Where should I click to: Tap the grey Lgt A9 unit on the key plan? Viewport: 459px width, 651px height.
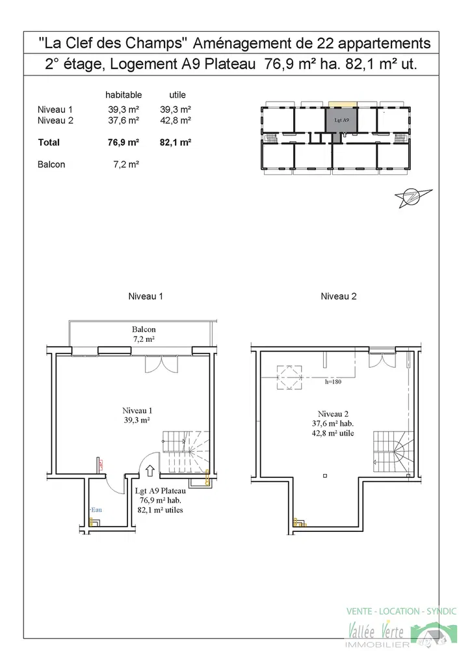pyautogui.click(x=341, y=120)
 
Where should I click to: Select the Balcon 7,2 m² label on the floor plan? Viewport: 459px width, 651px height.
pyautogui.click(x=144, y=334)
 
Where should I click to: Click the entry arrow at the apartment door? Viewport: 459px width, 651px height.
pyautogui.click(x=150, y=471)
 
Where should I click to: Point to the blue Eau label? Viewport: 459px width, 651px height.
pyautogui.click(x=97, y=510)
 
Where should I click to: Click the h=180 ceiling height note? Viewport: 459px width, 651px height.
pyautogui.click(x=333, y=381)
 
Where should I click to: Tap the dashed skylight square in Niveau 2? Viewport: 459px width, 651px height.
pyautogui.click(x=289, y=378)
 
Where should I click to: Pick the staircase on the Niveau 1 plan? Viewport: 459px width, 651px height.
pyautogui.click(x=185, y=452)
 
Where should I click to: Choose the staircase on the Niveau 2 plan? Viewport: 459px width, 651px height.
pyautogui.click(x=393, y=452)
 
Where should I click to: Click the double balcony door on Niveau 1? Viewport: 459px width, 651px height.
pyautogui.click(x=161, y=364)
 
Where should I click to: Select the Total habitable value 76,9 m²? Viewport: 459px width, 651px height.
pyautogui.click(x=123, y=143)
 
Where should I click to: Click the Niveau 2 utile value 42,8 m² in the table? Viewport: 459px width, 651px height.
pyautogui.click(x=176, y=120)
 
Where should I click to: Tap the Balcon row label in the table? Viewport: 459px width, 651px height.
pyautogui.click(x=51, y=165)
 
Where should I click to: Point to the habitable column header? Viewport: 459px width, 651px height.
pyautogui.click(x=124, y=94)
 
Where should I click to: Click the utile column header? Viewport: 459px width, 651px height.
pyautogui.click(x=177, y=94)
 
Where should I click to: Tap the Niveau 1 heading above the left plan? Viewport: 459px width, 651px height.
pyautogui.click(x=146, y=296)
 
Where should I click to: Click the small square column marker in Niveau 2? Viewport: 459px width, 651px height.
pyautogui.click(x=325, y=476)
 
